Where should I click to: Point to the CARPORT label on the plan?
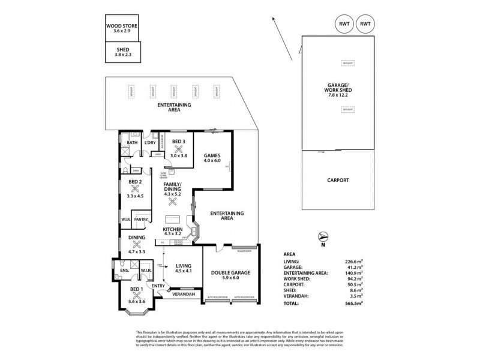[339, 179]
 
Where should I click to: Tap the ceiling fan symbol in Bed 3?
[178, 148]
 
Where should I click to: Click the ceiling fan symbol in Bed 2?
[135, 188]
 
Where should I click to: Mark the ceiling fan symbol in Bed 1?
[136, 294]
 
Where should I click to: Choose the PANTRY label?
[141, 220]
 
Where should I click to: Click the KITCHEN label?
[173, 229]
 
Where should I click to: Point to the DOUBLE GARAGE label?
[231, 273]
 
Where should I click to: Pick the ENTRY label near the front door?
[158, 286]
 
